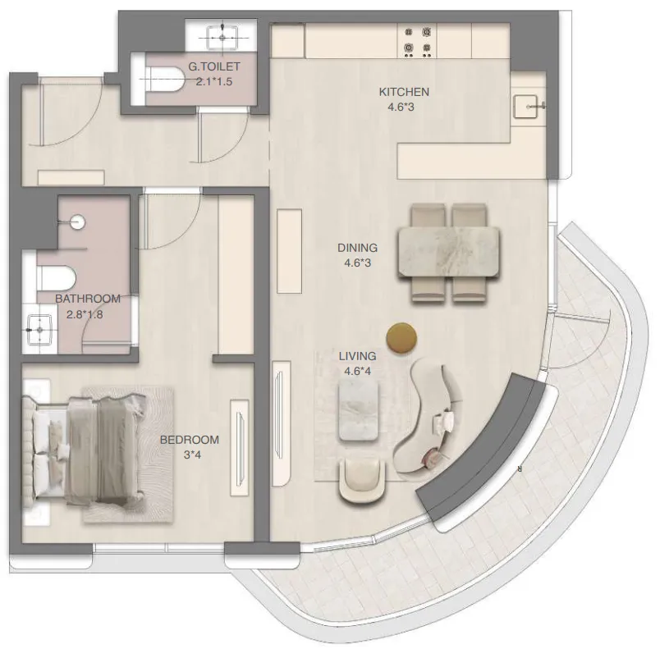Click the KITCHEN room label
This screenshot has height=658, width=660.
(403, 91)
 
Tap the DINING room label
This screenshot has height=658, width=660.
(357, 247)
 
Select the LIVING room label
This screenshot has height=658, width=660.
(357, 356)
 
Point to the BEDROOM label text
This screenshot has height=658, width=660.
(190, 440)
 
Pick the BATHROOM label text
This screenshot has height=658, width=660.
(88, 299)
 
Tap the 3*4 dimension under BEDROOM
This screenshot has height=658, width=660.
(190, 455)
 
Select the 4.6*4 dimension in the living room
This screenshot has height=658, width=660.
(357, 370)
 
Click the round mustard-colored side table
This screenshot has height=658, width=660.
(401, 337)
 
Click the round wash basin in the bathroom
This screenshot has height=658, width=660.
(78, 222)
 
